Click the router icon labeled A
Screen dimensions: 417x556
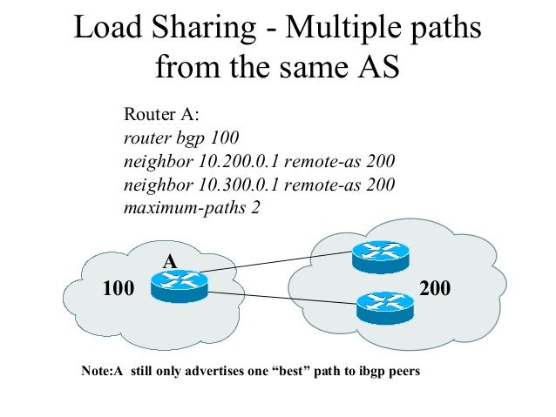tap(179, 285)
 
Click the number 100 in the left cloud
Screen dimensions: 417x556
tap(119, 287)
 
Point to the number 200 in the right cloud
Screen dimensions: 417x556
tap(435, 287)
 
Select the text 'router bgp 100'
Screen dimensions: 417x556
tap(181, 138)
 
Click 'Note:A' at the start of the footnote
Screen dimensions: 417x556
tap(98, 372)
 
